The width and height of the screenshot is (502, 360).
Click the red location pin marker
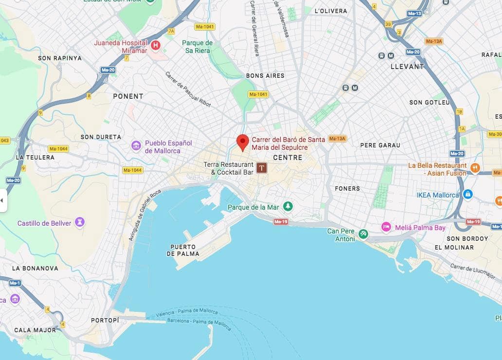(x=243, y=142)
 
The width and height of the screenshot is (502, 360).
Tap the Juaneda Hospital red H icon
(x=156, y=46)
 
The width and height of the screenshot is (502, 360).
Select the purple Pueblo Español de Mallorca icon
(x=136, y=145)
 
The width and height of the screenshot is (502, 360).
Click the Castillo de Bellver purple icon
(x=79, y=223)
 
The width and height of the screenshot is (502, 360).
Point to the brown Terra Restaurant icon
(x=262, y=168)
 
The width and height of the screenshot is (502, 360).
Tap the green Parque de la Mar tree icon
(x=288, y=207)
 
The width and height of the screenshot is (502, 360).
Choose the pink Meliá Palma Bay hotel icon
(x=386, y=227)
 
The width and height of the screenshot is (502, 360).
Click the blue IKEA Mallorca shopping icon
(x=467, y=195)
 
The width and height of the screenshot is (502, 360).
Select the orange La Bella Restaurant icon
(x=475, y=168)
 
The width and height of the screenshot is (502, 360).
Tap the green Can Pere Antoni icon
(x=363, y=234)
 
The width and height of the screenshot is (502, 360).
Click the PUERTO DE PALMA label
(x=183, y=250)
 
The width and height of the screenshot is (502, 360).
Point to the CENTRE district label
(x=287, y=158)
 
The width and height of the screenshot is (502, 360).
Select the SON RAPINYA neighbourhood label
(x=60, y=58)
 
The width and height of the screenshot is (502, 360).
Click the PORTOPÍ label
(x=105, y=320)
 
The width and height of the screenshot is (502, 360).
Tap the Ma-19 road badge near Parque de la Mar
(x=280, y=222)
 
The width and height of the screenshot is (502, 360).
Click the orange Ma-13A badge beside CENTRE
(x=337, y=139)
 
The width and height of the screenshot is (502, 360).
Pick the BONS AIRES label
(x=265, y=76)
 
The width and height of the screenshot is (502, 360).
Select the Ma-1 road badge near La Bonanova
(x=15, y=283)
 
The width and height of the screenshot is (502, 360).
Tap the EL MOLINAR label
(x=454, y=247)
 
